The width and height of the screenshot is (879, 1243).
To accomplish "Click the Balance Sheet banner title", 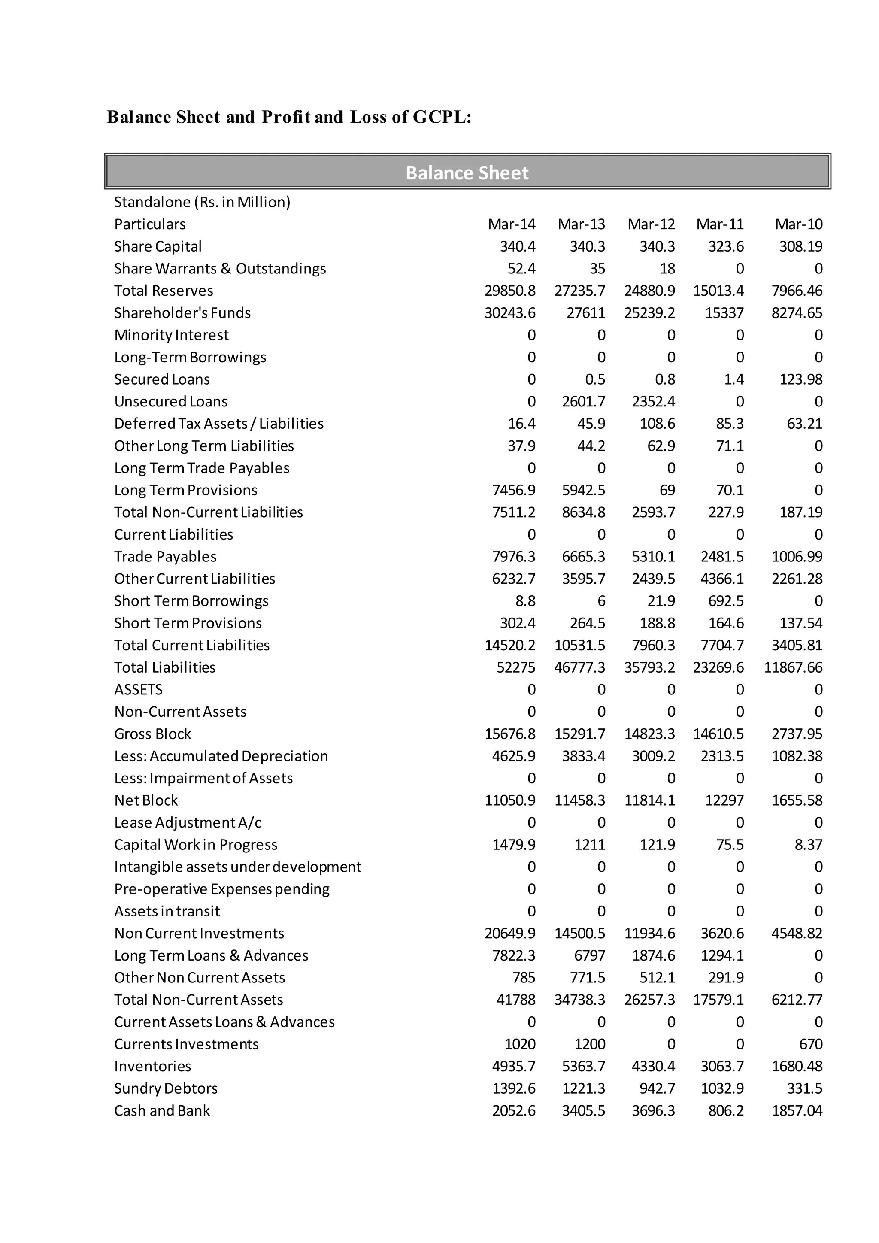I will (x=467, y=173).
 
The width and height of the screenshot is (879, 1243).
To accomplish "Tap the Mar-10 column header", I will (x=798, y=224).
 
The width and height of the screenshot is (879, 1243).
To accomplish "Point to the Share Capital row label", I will (x=158, y=246).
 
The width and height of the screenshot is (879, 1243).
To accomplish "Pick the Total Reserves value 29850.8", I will (x=510, y=291).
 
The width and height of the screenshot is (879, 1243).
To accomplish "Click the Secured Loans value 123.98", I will (x=800, y=379).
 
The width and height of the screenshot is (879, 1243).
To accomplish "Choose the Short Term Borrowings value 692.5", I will (x=726, y=601).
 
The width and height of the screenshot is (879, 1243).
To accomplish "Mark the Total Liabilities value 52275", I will (x=516, y=667).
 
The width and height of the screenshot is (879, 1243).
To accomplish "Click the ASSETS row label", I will (x=138, y=690).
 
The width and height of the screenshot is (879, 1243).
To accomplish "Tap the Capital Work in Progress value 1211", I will (x=589, y=845).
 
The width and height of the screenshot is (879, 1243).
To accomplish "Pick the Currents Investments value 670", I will (x=810, y=1044).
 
